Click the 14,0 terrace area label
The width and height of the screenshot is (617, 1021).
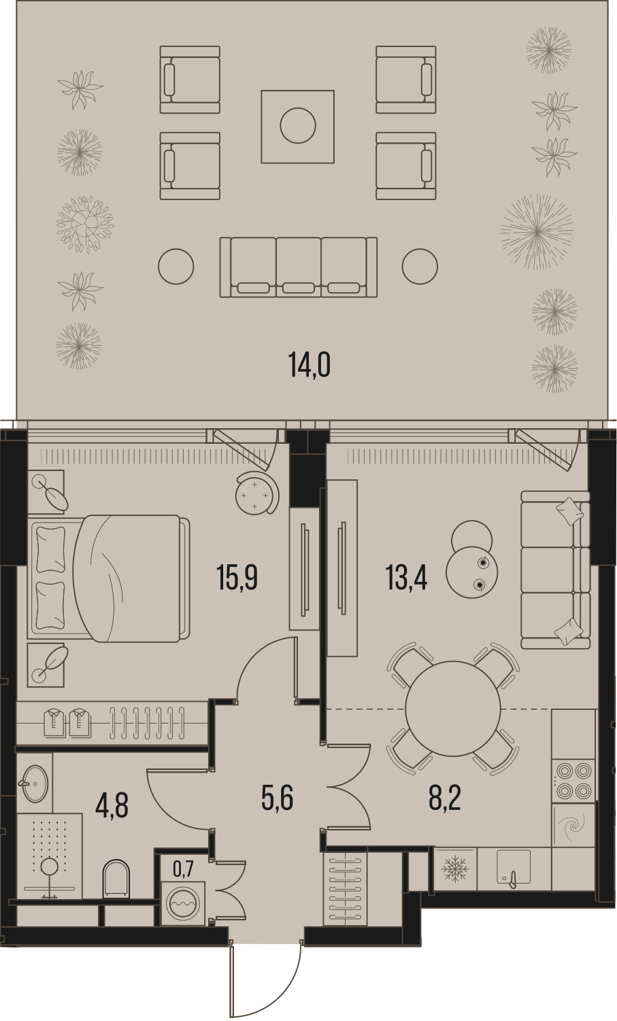click(x=310, y=365)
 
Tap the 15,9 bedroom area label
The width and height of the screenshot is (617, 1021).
click(x=237, y=577)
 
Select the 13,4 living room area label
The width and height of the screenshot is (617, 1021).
click(x=406, y=577)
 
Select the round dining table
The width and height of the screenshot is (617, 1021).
click(x=452, y=709)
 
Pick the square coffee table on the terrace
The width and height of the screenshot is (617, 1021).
click(x=297, y=126)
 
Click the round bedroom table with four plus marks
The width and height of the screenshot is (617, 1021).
click(x=257, y=496)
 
